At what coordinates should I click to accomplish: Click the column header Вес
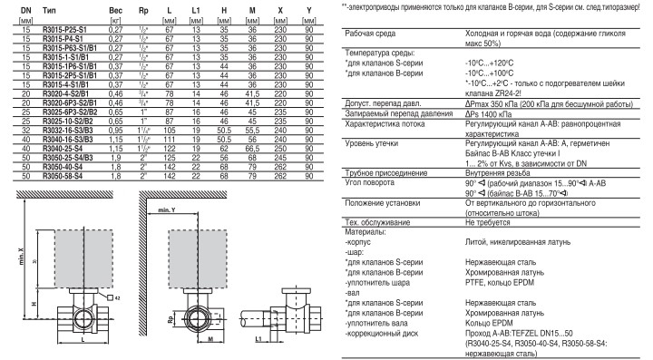click(x=115, y=10)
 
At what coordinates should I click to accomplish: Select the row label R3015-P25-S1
click(x=64, y=30)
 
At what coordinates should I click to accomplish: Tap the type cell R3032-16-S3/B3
click(x=68, y=131)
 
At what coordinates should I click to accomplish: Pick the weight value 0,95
click(x=115, y=131)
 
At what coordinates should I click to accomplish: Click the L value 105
click(x=169, y=131)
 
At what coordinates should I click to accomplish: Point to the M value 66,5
click(x=252, y=149)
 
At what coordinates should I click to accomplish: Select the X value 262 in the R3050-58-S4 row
click(x=280, y=176)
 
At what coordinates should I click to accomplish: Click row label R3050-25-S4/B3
click(x=68, y=158)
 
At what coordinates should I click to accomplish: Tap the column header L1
click(x=196, y=10)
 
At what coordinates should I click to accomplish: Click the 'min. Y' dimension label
click(x=167, y=210)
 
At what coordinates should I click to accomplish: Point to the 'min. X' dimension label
click(x=21, y=257)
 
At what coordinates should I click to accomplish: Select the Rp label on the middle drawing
click(x=171, y=320)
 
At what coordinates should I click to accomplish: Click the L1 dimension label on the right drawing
click(x=258, y=339)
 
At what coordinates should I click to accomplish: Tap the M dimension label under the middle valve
click(x=210, y=339)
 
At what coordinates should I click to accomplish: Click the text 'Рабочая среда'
click(x=370, y=34)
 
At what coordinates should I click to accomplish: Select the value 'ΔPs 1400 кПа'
click(x=488, y=114)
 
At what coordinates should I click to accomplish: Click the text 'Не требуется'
click(x=487, y=222)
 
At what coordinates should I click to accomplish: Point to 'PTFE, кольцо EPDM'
click(x=500, y=283)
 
